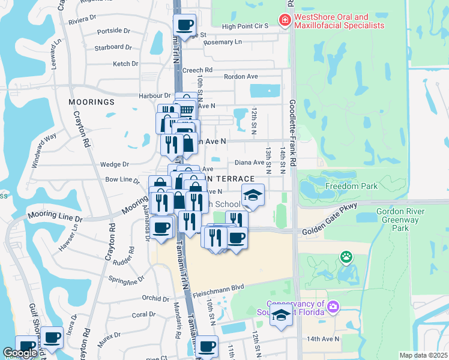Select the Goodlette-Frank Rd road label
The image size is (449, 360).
tap(293, 133)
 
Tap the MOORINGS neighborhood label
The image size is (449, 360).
tap(91, 102)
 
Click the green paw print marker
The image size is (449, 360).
tap(346, 257)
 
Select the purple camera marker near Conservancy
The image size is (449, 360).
tap(333, 307)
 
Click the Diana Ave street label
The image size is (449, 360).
tap(250, 162)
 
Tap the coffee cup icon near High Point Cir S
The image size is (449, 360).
tap(185, 25)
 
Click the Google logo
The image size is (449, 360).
tap(20, 353)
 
